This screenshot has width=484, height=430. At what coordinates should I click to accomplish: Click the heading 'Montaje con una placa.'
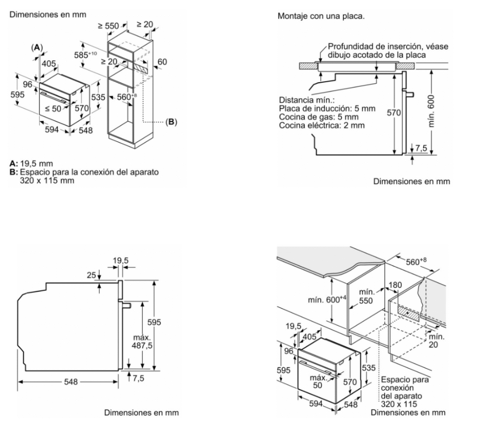[320, 16]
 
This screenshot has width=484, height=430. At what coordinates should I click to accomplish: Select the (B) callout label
[171, 122]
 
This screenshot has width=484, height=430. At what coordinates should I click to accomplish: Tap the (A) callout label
[37, 47]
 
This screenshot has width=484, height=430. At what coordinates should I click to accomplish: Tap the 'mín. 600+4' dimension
[325, 300]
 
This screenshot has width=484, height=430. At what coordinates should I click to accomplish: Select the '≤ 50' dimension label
[53, 108]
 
